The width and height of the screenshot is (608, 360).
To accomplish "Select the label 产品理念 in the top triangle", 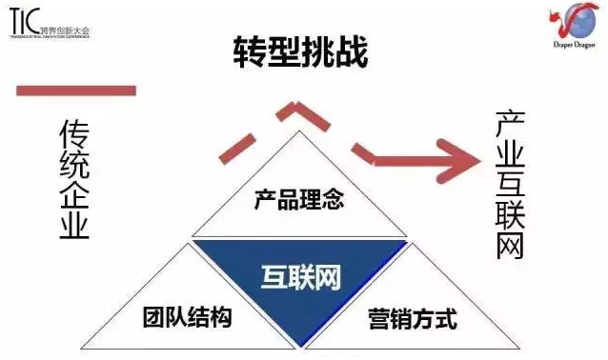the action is tap(297, 200).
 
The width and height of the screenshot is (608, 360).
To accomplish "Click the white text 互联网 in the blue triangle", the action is tap(300, 276).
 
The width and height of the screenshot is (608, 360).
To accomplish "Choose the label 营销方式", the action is tap(413, 318).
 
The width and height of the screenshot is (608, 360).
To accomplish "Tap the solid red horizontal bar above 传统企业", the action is tap(76, 90).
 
